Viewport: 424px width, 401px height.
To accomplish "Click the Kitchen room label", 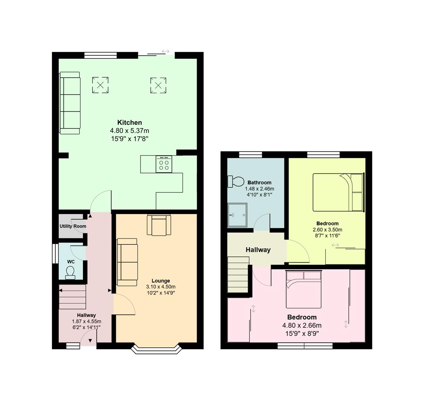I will (130, 123).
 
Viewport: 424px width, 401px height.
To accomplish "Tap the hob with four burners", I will (164, 164).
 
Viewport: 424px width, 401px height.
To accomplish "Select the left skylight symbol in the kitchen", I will (100, 85).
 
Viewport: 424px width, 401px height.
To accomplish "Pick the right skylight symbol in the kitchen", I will (158, 85).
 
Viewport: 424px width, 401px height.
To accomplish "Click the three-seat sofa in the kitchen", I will (70, 103).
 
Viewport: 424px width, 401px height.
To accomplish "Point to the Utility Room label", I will (73, 226).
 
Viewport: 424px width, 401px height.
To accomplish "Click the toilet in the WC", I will (70, 274).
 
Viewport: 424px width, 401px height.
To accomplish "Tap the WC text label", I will (71, 262).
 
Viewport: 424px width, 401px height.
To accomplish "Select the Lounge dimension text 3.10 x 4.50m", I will (161, 287).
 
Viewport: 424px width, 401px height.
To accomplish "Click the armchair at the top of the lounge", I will (159, 225).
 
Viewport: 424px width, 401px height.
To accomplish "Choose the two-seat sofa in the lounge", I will (127, 262).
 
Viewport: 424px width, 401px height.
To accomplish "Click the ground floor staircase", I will (72, 297).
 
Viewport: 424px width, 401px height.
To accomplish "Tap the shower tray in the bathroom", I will (237, 215).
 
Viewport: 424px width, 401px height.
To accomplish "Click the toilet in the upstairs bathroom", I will (236, 182).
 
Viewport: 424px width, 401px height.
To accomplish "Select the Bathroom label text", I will (259, 183).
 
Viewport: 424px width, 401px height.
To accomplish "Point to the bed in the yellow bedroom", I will (337, 192).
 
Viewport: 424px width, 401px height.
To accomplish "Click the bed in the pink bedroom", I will (303, 290).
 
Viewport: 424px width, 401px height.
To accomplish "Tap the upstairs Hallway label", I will (258, 250).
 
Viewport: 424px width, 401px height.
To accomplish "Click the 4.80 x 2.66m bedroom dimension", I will (302, 326).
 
